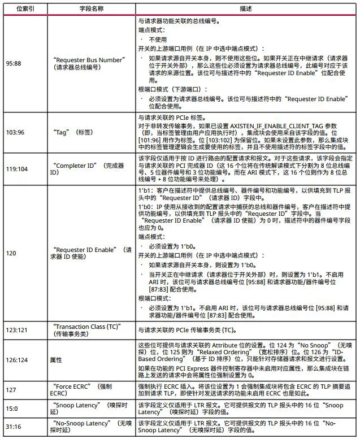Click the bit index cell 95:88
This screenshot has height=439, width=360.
[x=14, y=63]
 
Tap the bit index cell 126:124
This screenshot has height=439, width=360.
[x=18, y=359]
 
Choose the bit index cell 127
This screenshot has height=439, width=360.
[x=11, y=389]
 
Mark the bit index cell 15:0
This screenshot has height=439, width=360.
[x=12, y=408]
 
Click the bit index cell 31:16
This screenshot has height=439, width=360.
[x=14, y=425]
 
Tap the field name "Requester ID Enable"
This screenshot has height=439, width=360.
[x=88, y=249]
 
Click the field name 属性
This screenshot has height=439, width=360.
[x=58, y=359]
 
